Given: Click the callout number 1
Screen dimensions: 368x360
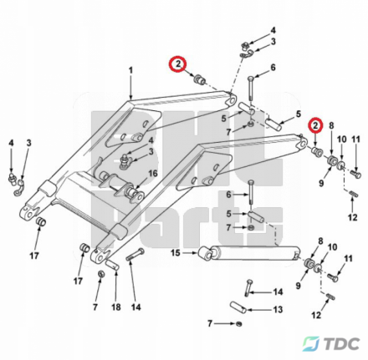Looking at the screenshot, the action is point(130,70).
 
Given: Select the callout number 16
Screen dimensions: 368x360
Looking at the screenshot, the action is point(153,174).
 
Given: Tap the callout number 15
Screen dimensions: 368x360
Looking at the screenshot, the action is point(176,253).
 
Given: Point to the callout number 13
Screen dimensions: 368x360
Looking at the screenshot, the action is point(278,309).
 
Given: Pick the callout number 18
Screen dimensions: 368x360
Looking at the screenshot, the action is point(116,307).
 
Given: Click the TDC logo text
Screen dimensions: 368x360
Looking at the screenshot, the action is point(342,343).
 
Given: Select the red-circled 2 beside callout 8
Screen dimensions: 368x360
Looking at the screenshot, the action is point(315,126).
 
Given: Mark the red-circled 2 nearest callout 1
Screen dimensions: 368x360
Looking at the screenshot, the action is point(178,63).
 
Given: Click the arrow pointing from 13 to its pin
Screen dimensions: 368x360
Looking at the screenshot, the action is point(258,309).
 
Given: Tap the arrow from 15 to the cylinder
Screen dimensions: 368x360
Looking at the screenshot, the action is point(190,253).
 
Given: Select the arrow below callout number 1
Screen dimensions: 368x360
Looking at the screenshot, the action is point(130,87).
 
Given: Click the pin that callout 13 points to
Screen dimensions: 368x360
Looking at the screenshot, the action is point(238,307).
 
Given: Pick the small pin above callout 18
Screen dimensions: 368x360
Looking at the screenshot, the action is point(113,265).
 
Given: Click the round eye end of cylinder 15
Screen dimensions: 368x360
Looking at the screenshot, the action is point(205,255).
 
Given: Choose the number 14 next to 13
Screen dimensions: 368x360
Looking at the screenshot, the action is point(278,292).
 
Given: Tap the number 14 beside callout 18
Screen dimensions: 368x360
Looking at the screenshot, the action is point(135,307).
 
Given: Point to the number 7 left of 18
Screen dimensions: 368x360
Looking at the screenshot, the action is point(95,307).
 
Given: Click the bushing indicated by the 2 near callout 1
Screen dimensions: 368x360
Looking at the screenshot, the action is point(200,79).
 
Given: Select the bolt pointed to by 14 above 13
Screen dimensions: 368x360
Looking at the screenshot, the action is point(248,286).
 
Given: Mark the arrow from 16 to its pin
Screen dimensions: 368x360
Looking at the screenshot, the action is point(145,184).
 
